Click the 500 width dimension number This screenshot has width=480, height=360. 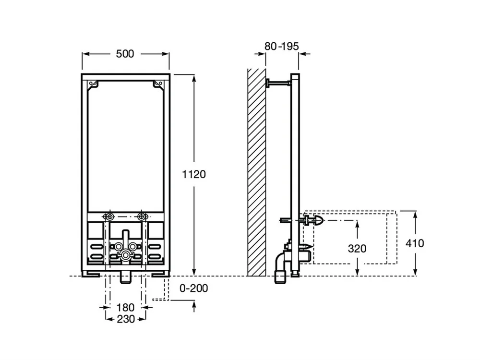click(125, 54)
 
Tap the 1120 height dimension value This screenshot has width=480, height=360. click(194, 174)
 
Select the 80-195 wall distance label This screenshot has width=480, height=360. click(282, 46)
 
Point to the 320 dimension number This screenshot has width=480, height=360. click(357, 249)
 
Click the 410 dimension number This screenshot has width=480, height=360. click(415, 243)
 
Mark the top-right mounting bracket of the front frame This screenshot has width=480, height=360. click(156, 84)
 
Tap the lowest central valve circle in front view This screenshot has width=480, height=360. click(126, 254)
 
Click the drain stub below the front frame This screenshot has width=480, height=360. click(126, 276)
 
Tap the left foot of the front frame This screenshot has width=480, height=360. click(90, 274)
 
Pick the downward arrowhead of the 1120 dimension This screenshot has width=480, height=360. click(194, 271)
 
